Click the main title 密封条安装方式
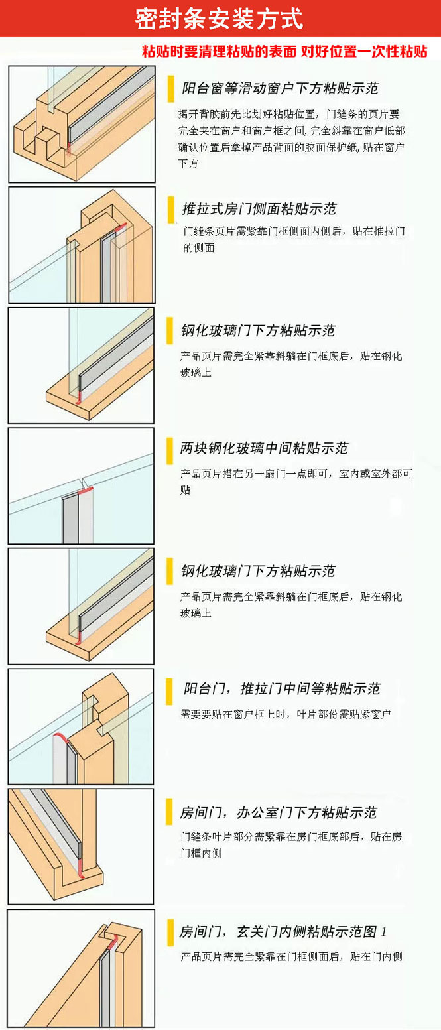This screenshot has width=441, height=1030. tap(219, 19)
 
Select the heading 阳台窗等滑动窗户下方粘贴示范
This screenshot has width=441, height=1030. tap(280, 88)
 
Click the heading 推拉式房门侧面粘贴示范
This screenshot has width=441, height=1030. tap(259, 209)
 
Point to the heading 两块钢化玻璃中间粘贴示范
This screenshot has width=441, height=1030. tap(264, 448)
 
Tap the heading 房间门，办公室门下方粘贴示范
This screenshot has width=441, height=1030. tap(279, 812)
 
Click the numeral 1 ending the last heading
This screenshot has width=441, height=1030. tap(384, 932)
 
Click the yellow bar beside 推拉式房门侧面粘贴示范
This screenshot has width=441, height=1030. tap(171, 210)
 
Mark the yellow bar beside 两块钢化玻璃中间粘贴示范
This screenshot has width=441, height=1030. tap(170, 450)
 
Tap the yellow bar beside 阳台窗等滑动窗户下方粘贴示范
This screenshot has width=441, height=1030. tap(171, 88)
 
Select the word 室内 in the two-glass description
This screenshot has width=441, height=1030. tap(349, 473)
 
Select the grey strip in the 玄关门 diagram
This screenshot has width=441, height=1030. tap(105, 989)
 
